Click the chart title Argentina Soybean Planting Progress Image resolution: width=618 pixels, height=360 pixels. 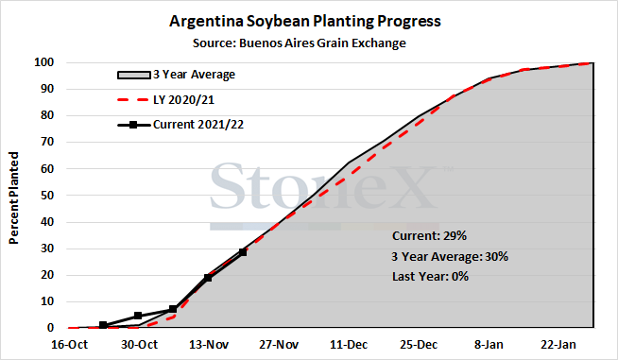pos(305,21)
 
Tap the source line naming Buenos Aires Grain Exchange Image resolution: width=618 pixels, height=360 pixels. pos(300,43)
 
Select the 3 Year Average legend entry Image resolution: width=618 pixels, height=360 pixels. pos(176,75)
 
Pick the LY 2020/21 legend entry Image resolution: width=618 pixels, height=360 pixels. pos(166,100)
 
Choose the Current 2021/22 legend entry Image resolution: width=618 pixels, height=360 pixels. pos(180,125)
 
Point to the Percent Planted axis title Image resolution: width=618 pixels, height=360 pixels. pos(14,197)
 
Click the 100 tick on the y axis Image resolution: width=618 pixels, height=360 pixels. pos(43,62)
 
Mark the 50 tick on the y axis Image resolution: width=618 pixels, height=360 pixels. pos(47,196)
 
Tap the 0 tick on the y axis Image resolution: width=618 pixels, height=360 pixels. pos(50,328)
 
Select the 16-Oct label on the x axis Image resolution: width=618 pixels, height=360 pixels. pos(69,345)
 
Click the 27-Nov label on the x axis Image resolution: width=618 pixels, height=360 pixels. pos(279,345)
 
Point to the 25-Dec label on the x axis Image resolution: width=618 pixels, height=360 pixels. pos(419,345)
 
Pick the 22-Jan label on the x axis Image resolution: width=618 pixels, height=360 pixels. pos(558,345)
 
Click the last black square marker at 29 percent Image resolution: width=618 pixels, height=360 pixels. pos(243,252)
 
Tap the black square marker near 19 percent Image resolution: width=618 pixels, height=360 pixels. pos(208,278)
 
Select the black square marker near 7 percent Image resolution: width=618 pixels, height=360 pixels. pos(173,309)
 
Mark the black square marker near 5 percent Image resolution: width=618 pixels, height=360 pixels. pos(138,316)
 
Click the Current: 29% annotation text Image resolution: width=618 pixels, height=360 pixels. pos(429,236)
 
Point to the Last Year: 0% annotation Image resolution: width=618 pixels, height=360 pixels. pos(430,277)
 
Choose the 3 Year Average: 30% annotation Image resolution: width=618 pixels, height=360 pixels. pos(450,257)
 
